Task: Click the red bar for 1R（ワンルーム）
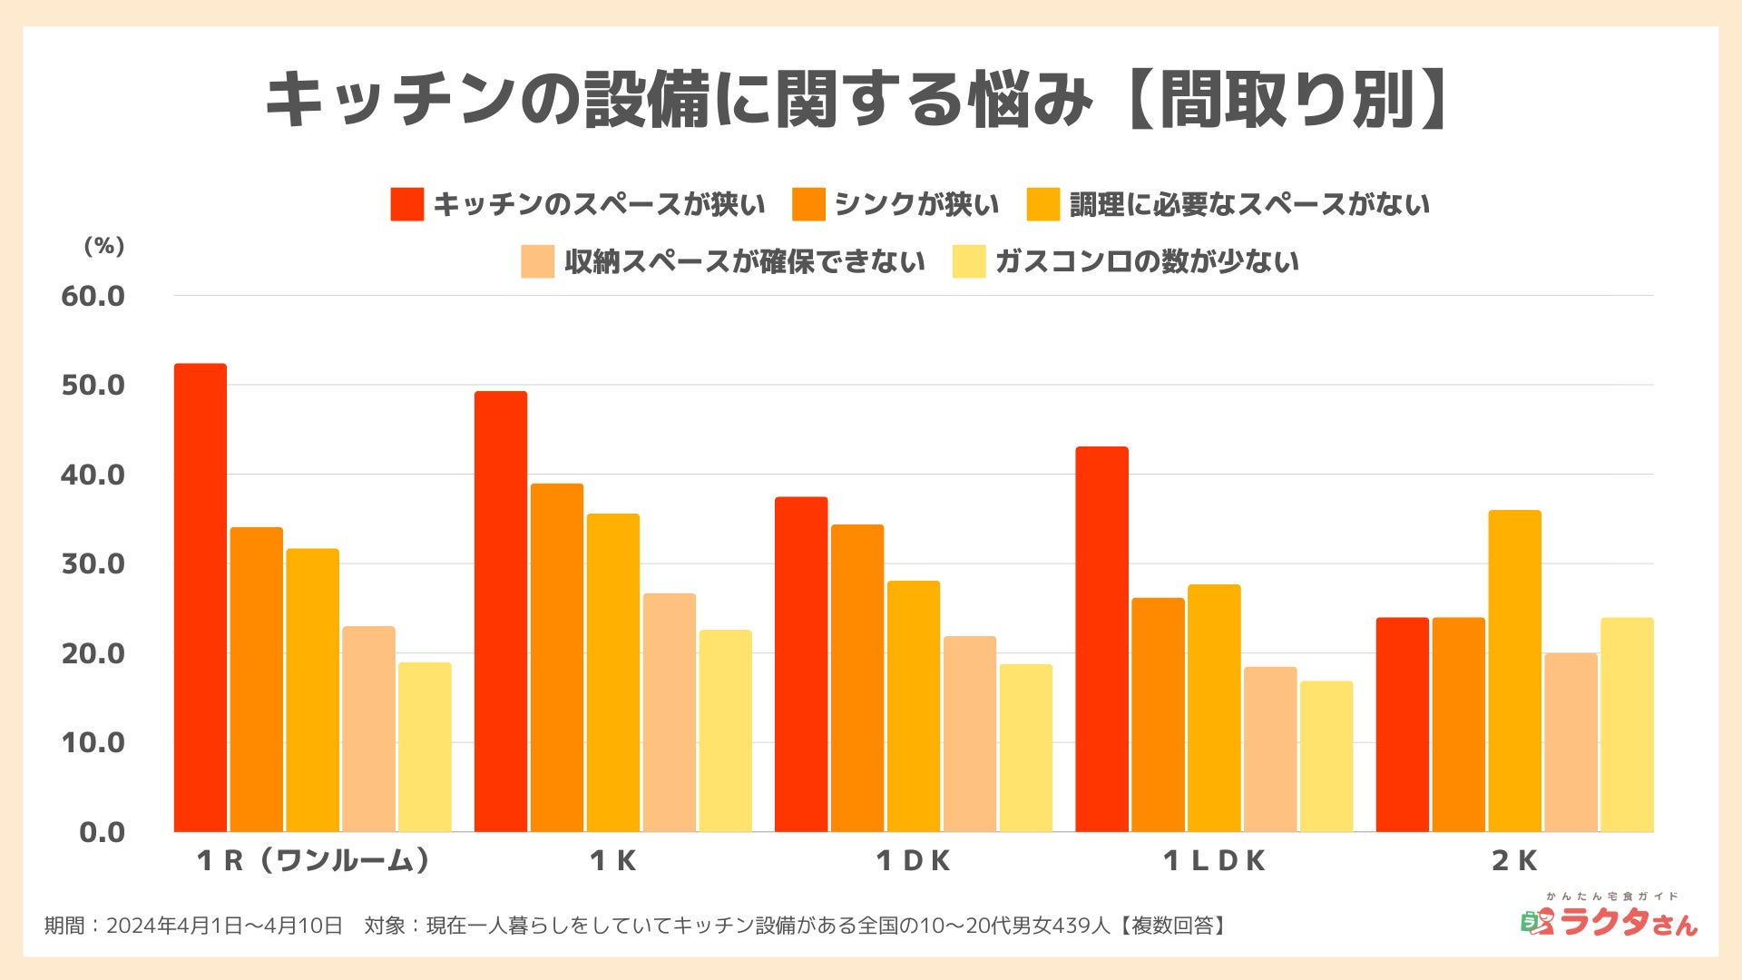[201, 598]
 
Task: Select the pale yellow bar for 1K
[726, 730]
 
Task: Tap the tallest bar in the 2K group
[1514, 671]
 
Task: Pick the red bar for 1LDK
[1101, 639]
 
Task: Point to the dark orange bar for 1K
[557, 657]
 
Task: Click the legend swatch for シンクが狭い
[808, 204]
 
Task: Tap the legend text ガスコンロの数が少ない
[1147, 261]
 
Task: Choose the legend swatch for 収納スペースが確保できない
[537, 261]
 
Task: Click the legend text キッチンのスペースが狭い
[599, 204]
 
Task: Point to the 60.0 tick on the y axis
[93, 296]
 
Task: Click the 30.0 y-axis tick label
[93, 563]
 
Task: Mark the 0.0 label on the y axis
[102, 831]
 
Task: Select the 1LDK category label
[1214, 860]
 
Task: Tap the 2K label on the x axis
[1514, 860]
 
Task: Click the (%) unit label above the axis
[103, 246]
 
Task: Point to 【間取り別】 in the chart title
[1288, 100]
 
